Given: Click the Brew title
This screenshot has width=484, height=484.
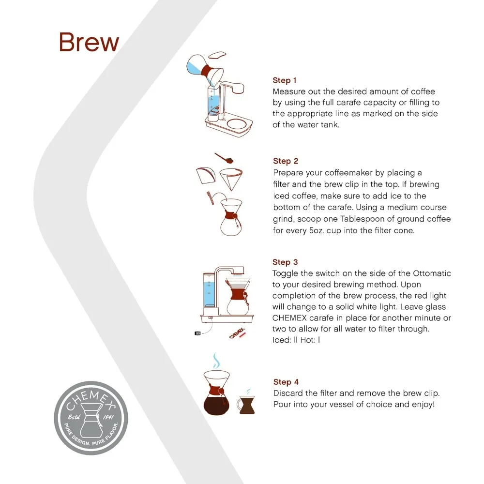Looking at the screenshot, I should [x=89, y=42].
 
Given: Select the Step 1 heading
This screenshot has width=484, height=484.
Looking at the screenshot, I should [x=284, y=80].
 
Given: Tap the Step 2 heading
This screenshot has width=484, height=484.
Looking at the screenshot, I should [x=285, y=161].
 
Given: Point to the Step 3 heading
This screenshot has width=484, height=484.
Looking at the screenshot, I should [x=285, y=262].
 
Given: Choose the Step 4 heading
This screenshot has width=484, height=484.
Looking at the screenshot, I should [x=286, y=382].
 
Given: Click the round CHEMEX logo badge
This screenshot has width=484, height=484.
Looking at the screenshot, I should [x=91, y=418].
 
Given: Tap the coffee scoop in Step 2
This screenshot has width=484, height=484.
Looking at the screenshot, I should [x=225, y=158].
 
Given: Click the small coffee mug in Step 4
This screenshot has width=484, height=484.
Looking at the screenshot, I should [x=246, y=405].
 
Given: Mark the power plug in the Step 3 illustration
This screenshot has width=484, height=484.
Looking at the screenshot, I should [x=198, y=333].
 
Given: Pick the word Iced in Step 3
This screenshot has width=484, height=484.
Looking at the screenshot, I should [x=281, y=340].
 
